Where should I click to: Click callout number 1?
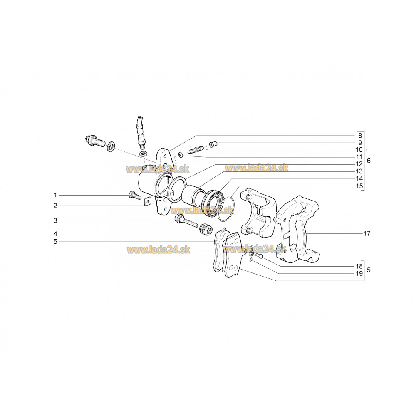click(54, 195)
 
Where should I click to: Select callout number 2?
click(54, 206)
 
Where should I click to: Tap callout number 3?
click(54, 220)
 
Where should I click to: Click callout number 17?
click(366, 234)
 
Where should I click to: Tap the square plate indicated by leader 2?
click(146, 202)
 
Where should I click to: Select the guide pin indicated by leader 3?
click(185, 222)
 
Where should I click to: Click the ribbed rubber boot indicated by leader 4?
click(204, 229)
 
